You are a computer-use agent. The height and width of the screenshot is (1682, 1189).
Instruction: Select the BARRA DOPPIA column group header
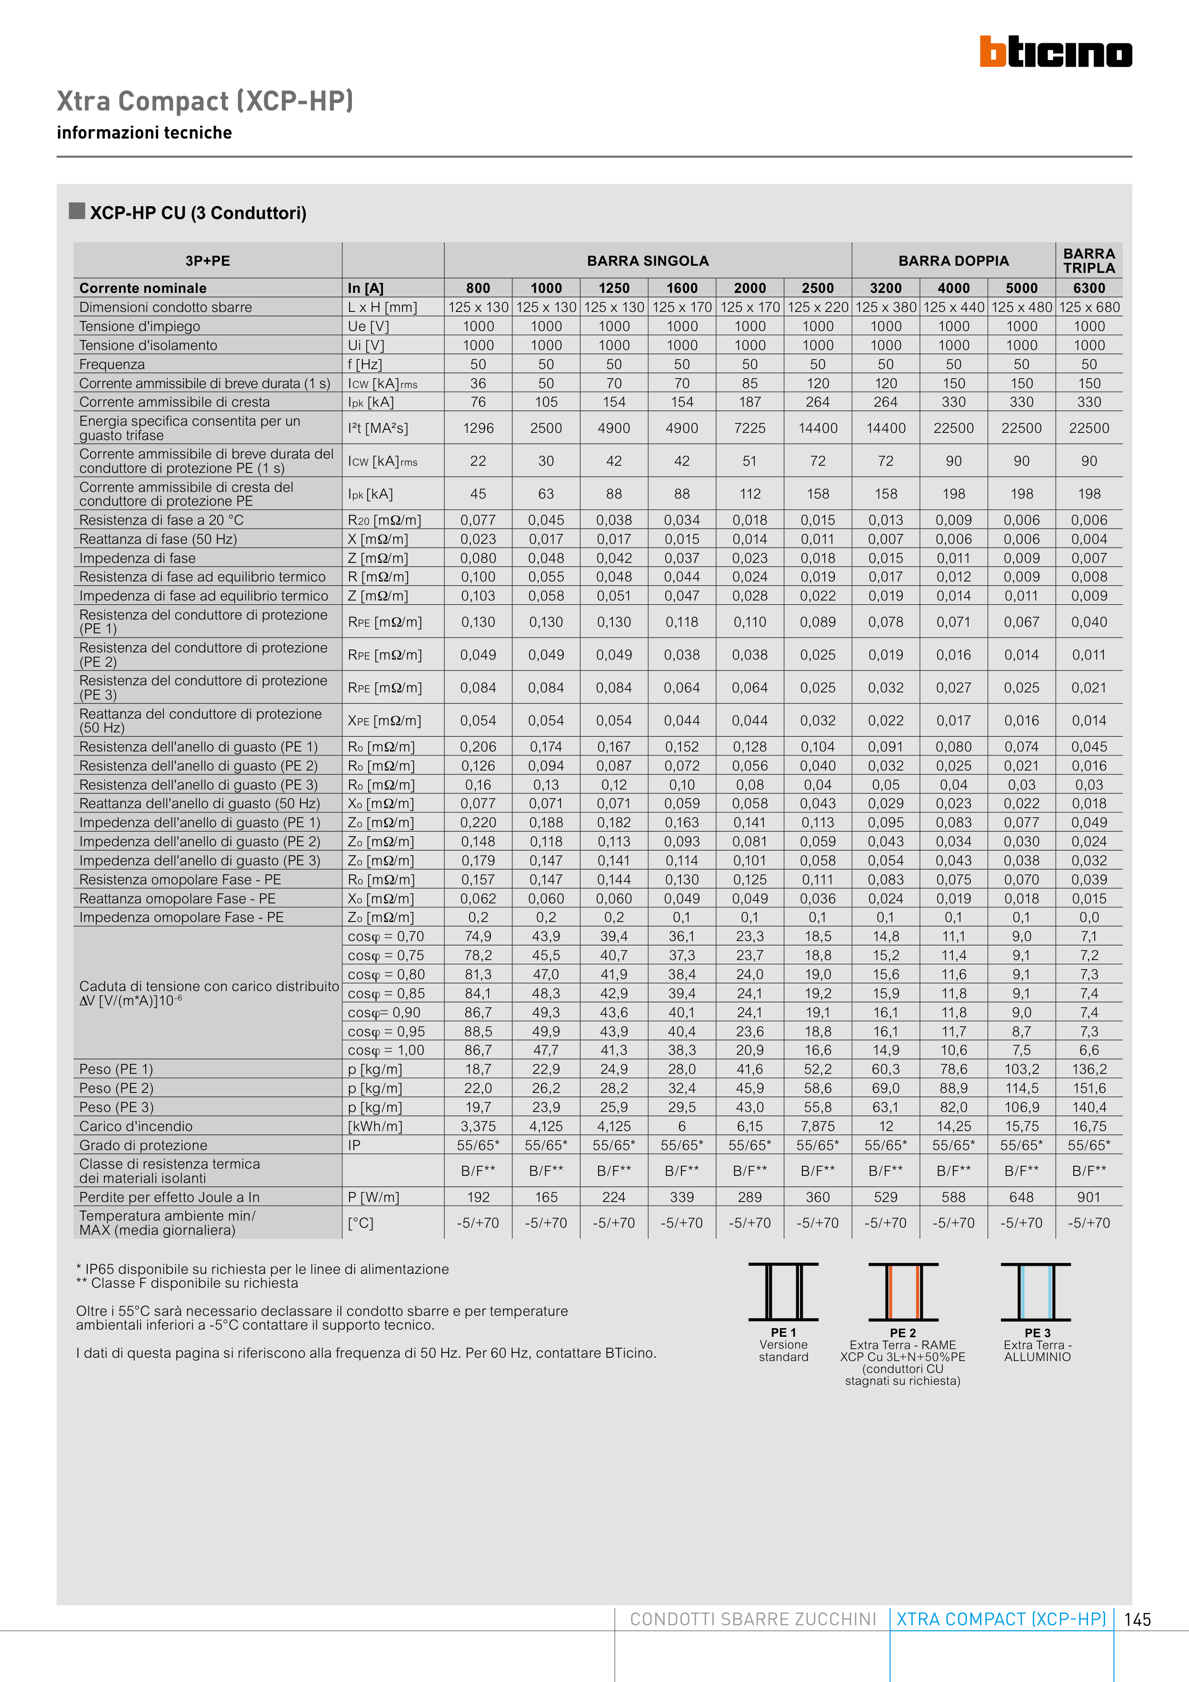953,261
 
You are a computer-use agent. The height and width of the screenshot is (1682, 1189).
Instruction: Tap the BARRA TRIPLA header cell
1089,261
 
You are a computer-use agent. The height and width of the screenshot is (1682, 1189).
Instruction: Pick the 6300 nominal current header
1089,288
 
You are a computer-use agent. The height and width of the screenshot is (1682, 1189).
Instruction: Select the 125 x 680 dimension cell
1089,307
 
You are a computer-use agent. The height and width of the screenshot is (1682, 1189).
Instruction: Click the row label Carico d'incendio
136,1126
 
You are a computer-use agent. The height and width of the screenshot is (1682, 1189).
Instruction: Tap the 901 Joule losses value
1089,1197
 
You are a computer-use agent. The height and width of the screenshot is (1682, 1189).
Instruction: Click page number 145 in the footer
1137,1619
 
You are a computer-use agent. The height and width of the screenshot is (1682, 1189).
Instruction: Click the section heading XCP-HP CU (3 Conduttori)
198,213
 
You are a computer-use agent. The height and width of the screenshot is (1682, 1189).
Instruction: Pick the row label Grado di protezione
143,1145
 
